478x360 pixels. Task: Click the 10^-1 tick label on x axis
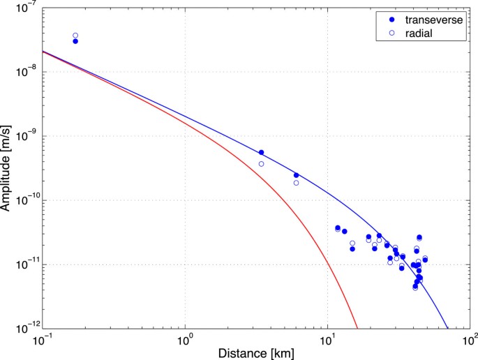tap(43, 339)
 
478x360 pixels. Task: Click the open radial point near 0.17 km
tap(75, 36)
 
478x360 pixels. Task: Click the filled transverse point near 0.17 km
tap(75, 42)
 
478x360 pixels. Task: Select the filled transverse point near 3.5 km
tap(262, 152)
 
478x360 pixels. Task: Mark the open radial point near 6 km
tap(296, 183)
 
